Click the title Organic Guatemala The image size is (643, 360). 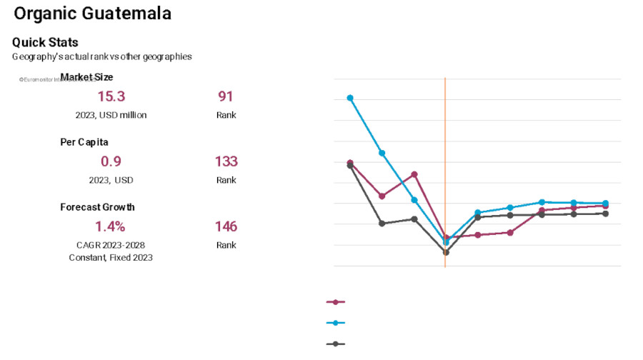[x=92, y=14]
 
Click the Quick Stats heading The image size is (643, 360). [x=45, y=42]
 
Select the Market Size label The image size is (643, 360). [x=86, y=77]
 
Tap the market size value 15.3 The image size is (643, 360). [x=111, y=96]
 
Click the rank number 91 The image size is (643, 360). [x=226, y=96]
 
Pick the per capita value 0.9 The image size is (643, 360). [x=111, y=161]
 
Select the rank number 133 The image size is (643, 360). [x=226, y=161]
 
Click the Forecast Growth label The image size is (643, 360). [x=97, y=207]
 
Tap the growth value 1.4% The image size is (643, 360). [x=111, y=226]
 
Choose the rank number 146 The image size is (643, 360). [x=226, y=226]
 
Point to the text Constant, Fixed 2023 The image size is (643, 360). [x=111, y=257]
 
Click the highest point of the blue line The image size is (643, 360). [x=350, y=98]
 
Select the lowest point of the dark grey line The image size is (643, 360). [x=446, y=252]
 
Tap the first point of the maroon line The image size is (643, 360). [x=350, y=163]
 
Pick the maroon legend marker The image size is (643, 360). [x=335, y=302]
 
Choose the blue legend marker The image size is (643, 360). [x=335, y=323]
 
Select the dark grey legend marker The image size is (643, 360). [x=335, y=344]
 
